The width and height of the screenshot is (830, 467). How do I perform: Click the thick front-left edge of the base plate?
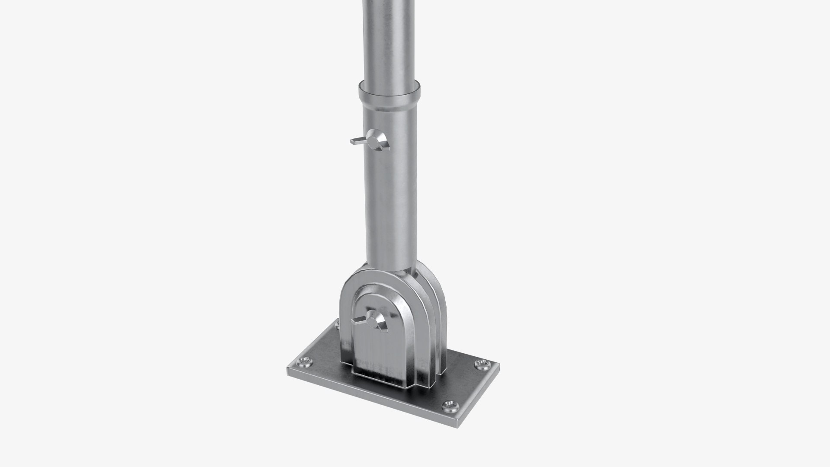(367, 396)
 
